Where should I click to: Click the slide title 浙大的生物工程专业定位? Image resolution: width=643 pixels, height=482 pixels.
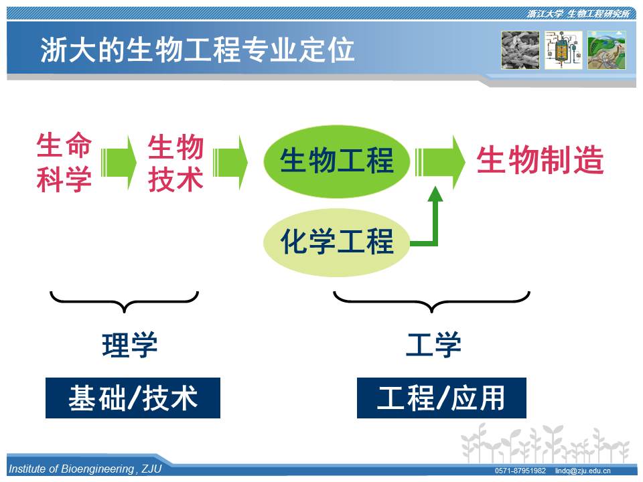[x=197, y=50]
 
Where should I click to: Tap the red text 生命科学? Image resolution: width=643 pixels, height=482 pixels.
[x=64, y=162]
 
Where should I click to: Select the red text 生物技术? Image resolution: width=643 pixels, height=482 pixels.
[x=175, y=163]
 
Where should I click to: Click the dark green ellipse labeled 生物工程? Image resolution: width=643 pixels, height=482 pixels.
[x=336, y=161]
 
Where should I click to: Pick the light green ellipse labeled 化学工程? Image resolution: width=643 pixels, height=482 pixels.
[x=336, y=242]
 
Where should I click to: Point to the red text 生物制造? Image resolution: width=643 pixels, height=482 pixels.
[x=540, y=160]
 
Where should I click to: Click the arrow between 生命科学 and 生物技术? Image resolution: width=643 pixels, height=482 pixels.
[x=119, y=163]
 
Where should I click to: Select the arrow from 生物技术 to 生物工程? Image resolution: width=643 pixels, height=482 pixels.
[x=230, y=163]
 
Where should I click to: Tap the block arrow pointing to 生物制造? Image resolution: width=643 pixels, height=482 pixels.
[x=440, y=162]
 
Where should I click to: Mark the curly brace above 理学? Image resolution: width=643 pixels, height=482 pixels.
[x=125, y=302]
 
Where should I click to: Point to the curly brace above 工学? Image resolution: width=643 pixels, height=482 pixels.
[x=431, y=302]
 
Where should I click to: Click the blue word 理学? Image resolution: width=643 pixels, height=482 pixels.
[x=129, y=345]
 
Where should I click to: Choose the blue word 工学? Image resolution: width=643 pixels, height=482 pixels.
[x=433, y=345]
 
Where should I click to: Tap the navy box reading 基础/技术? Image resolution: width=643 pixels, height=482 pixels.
[x=133, y=398]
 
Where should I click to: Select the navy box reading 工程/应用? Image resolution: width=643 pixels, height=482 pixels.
[x=441, y=398]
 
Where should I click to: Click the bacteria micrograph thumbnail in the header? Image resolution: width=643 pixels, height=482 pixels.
[x=520, y=50]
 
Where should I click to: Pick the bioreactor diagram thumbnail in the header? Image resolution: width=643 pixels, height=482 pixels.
[x=563, y=50]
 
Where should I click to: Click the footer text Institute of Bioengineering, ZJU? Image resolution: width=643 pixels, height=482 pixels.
[x=85, y=469]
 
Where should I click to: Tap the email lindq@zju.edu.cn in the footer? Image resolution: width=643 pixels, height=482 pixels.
[x=583, y=471]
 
